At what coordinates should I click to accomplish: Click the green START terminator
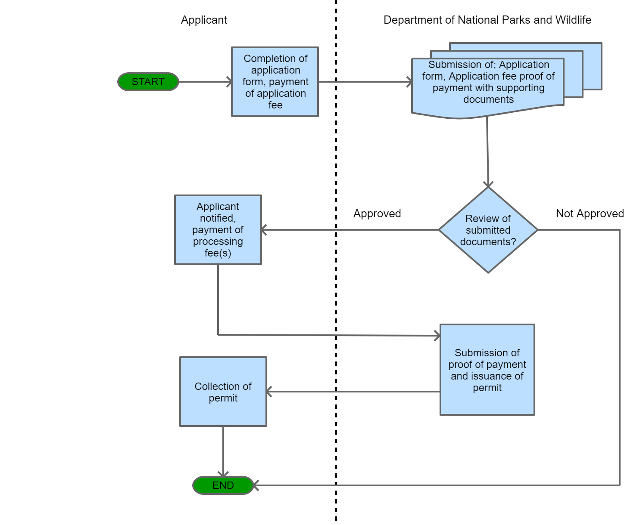[148, 82]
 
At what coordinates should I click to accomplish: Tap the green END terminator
[223, 485]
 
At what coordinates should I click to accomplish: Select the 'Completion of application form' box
[275, 82]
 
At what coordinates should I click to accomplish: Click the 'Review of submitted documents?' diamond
[488, 230]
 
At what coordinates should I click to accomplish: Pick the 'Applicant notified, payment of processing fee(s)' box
[218, 230]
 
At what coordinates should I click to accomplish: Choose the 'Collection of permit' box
[223, 392]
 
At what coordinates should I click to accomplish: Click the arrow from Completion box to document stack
[365, 82]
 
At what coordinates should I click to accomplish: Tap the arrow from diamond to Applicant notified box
[349, 230]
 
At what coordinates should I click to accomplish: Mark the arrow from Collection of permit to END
[223, 451]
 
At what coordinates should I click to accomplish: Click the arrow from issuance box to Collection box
[353, 392]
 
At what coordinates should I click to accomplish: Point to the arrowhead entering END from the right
[256, 485]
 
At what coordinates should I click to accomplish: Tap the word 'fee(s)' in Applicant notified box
[218, 253]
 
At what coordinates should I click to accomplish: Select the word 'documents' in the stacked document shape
[488, 99]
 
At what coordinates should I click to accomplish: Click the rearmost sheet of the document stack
[593, 65]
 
